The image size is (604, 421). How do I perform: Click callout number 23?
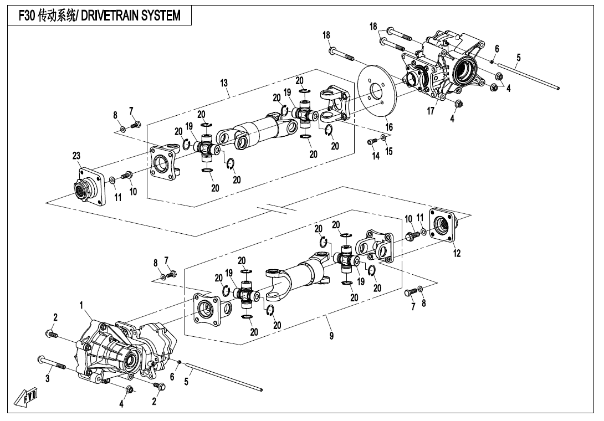76,156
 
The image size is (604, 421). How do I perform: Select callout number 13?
224,83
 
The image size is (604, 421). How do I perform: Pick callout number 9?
332,336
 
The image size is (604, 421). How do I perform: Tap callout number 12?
457,253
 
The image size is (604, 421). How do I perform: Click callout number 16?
389,127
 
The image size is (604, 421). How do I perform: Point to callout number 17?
430,111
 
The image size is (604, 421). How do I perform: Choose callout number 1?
81,305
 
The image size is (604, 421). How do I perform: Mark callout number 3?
48,378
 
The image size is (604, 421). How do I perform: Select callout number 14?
376,156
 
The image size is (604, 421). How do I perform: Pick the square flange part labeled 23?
89,185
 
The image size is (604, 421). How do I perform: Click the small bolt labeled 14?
371,142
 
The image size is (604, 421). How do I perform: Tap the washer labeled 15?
383,137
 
